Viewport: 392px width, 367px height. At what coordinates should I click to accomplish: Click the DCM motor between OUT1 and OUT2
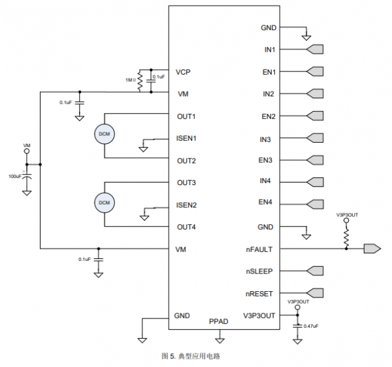point(105,134)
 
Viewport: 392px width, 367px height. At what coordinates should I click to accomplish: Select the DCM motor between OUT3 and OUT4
point(105,203)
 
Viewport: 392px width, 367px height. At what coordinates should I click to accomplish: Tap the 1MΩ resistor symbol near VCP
point(140,80)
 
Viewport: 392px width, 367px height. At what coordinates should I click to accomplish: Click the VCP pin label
point(183,72)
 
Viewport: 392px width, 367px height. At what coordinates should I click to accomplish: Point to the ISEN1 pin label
point(186,138)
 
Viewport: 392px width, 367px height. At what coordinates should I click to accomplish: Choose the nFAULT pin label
point(259,249)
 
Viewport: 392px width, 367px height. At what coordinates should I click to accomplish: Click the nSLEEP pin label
point(259,271)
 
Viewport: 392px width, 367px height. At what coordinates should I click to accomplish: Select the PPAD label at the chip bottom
point(218,321)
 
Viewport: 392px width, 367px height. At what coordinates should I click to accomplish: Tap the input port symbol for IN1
point(315,49)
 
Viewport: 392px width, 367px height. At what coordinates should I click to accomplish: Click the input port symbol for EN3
point(315,160)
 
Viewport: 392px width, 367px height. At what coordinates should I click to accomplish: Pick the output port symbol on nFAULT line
point(372,249)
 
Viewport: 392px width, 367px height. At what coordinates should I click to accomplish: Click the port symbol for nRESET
point(315,293)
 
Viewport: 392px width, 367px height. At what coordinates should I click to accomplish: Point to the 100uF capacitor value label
point(15,176)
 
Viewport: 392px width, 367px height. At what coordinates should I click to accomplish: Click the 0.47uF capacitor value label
point(311,326)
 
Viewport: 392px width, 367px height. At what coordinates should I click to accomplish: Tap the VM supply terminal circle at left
point(27,151)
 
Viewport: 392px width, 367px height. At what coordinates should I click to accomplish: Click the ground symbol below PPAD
point(220,340)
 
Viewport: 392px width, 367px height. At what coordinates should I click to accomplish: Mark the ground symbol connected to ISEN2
point(144,218)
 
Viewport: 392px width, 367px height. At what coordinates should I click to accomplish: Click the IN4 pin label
point(265,181)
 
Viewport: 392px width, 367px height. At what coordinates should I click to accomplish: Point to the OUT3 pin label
point(186,183)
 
